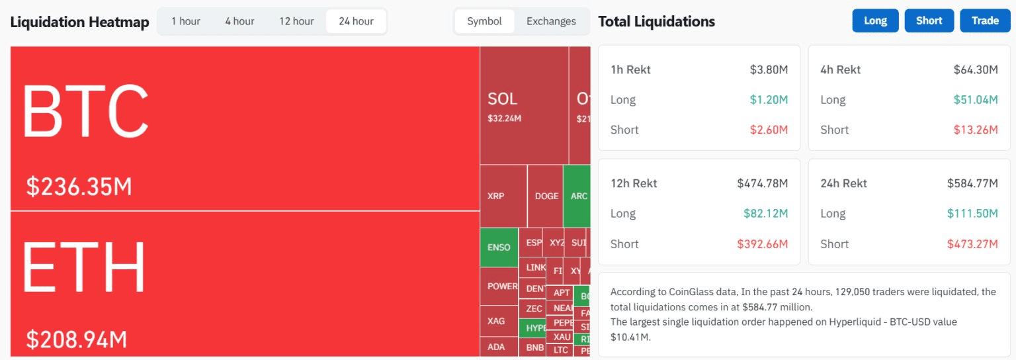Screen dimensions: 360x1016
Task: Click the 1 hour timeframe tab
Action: tap(185, 21)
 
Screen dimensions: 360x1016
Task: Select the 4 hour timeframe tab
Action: tap(239, 21)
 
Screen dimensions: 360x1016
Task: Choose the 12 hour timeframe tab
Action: tap(296, 21)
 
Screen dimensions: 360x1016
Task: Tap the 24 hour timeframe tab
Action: tap(356, 21)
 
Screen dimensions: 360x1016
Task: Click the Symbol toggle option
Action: tap(484, 21)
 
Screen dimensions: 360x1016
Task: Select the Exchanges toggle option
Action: tap(551, 21)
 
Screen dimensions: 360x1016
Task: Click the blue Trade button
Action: tap(985, 21)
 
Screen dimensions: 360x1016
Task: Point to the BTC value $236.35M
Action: tap(79, 187)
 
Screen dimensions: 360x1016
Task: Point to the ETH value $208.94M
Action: tap(77, 339)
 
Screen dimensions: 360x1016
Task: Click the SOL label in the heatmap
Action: tap(503, 99)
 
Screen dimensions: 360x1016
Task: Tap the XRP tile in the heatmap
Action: tap(496, 196)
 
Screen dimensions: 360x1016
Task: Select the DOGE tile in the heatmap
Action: tap(546, 196)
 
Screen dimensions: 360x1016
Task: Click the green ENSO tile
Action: tap(499, 247)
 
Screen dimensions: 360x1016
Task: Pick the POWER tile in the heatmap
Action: tap(503, 286)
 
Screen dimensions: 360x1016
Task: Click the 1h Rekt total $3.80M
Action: tap(769, 69)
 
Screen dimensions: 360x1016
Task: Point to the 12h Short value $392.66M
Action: tap(763, 244)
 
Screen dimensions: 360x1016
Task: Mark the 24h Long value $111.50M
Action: tap(972, 214)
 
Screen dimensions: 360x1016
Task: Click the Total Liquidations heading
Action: tap(656, 21)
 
